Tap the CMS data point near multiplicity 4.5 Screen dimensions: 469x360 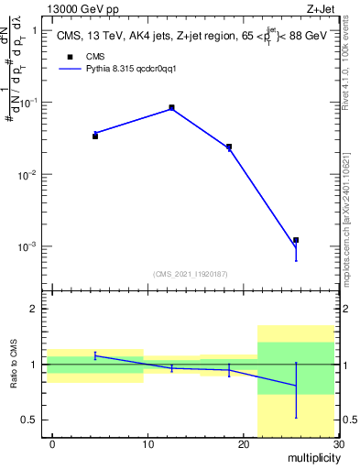[95, 136]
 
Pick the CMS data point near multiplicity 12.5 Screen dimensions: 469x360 [171, 107]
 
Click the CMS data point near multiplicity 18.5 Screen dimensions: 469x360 [229, 147]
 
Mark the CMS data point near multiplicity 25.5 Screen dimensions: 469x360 [296, 240]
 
